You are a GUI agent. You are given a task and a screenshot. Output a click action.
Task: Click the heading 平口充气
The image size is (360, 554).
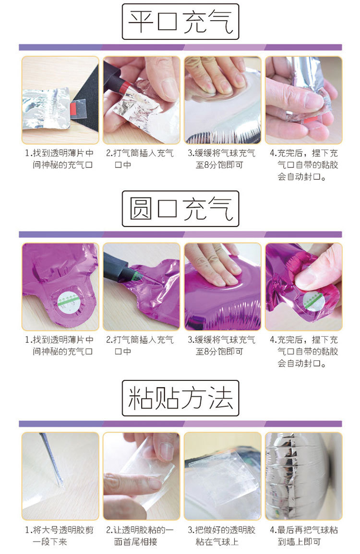(180, 22)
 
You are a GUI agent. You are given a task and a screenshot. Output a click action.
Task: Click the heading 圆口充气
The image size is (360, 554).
(180, 209)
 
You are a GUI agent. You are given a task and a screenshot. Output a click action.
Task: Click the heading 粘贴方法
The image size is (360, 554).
(180, 398)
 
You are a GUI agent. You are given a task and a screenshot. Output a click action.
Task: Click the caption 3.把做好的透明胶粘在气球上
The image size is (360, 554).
(222, 536)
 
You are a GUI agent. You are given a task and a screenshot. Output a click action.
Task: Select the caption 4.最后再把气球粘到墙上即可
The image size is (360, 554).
(303, 536)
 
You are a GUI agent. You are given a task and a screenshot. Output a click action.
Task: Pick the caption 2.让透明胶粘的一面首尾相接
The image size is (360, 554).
(140, 536)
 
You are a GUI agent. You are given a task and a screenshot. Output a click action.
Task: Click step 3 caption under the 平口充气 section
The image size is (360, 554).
(222, 159)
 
